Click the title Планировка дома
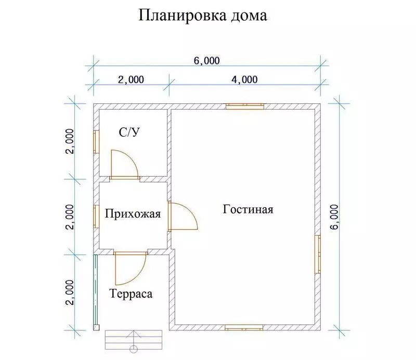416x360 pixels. [x=203, y=16]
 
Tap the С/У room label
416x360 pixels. [x=129, y=132]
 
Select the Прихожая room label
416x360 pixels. [x=133, y=214]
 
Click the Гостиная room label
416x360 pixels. [x=248, y=209]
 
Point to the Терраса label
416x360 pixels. [x=131, y=294]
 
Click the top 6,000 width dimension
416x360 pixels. [x=206, y=61]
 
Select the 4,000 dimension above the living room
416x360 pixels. [x=244, y=79]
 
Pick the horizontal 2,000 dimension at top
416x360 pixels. [x=131, y=79]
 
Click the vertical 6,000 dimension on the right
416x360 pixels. [x=335, y=217]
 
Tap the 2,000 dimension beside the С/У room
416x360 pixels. [x=70, y=141]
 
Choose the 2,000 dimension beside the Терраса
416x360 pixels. [x=70, y=292]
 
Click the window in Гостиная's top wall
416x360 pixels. [x=244, y=106]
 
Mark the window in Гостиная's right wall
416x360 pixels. [x=318, y=254]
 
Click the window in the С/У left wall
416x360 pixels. [x=96, y=142]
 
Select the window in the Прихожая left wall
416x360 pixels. [x=96, y=216]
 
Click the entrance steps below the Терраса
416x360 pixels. [x=134, y=340]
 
